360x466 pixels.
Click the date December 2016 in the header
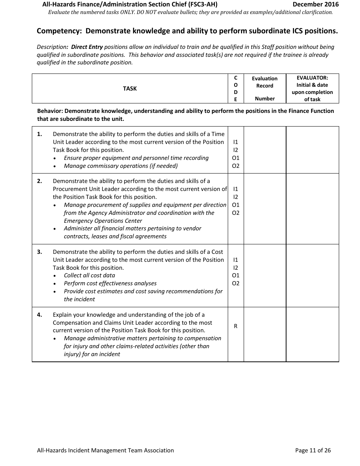click(316, 5)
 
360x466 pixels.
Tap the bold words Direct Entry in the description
click(87, 47)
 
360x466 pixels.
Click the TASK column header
click(130, 89)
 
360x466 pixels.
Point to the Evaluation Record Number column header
click(265, 89)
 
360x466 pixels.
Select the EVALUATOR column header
click(312, 89)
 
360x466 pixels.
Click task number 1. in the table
click(40, 134)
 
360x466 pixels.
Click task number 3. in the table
click(40, 252)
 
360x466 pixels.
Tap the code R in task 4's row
click(235, 326)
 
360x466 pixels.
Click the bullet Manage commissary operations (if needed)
click(121, 166)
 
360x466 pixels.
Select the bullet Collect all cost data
click(89, 275)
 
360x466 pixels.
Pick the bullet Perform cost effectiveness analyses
click(110, 283)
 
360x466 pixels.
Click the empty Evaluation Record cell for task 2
click(265, 208)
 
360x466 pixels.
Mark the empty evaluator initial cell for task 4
click(312, 334)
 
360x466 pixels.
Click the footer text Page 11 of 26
click(313, 450)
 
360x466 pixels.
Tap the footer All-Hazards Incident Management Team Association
click(105, 450)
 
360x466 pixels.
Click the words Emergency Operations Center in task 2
click(103, 221)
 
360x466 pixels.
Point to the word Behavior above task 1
click(50, 111)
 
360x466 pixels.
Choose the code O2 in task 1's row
click(235, 166)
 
